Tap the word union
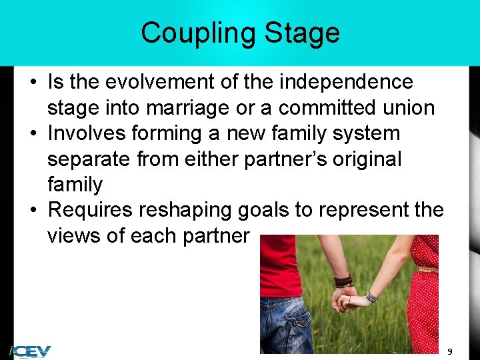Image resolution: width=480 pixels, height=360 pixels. tap(408, 107)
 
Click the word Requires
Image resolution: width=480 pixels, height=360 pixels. tap(91, 210)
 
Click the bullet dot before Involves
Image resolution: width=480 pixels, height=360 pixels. tap(33, 133)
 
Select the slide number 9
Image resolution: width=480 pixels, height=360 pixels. tap(450, 351)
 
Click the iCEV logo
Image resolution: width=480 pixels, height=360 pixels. tap(30, 351)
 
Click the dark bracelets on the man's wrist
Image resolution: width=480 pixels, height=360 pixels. tap(343, 281)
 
